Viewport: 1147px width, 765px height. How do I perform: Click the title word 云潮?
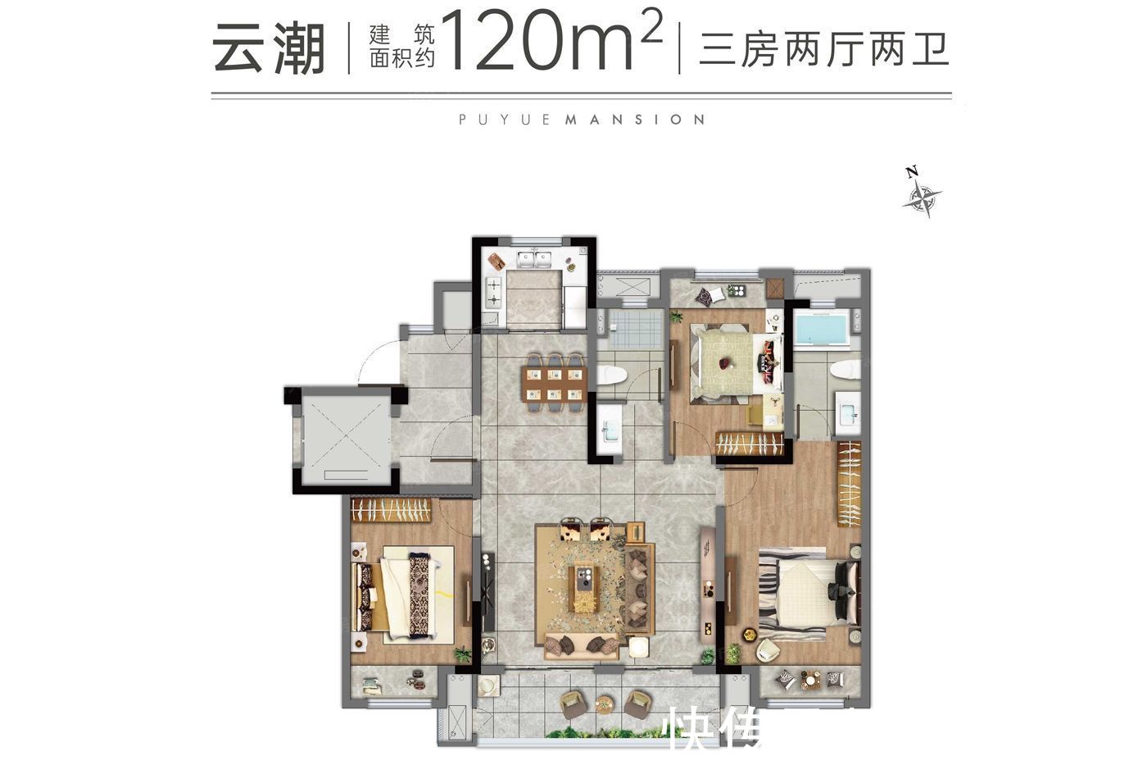[x=269, y=48]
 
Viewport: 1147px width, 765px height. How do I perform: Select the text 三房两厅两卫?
[x=823, y=48]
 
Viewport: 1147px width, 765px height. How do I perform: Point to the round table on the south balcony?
[x=604, y=703]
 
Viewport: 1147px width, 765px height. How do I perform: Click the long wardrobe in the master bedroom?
[x=850, y=484]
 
